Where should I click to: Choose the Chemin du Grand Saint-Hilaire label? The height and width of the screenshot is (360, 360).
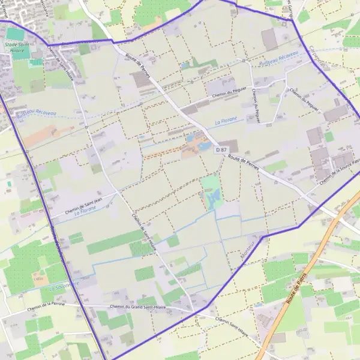click(x=137, y=307)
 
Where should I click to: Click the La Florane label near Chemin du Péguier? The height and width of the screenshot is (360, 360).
click(x=226, y=122)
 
